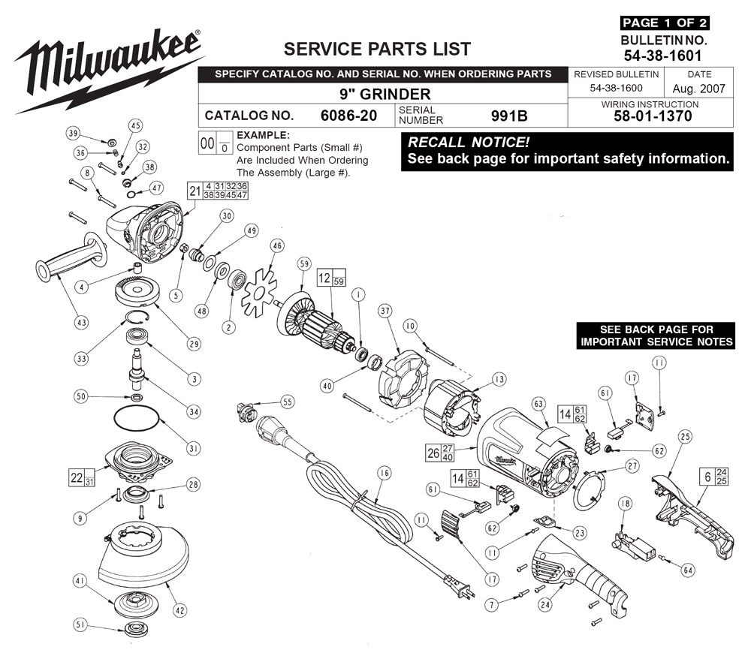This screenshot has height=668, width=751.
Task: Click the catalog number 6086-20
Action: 348,116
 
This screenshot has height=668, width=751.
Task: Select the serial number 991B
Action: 509,116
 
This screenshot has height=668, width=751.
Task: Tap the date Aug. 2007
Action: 698,89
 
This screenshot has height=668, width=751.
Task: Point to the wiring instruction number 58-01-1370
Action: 653,116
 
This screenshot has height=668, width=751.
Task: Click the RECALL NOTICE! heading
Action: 469,143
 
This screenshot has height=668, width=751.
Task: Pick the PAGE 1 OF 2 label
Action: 665,23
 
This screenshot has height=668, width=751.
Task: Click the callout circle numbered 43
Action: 81,323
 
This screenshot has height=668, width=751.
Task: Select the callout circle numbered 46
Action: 277,246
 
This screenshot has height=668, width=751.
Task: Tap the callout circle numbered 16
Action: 384,474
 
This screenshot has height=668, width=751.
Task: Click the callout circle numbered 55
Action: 288,402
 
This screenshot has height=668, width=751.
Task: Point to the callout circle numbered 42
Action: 179,610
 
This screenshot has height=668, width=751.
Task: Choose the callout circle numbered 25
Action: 686,436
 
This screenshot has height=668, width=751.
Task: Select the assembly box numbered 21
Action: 218,191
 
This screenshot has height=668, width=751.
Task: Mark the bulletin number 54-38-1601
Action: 662,56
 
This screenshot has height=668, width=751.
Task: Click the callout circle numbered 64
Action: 688,570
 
